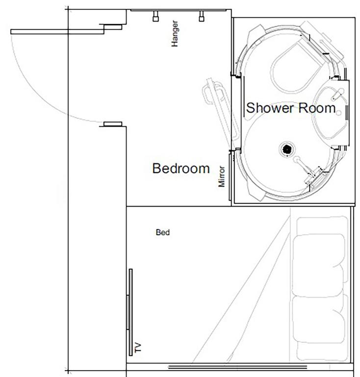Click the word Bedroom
(x=181, y=168)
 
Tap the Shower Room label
(x=291, y=108)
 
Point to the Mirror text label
(x=222, y=176)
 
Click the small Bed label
(x=162, y=233)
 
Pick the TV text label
(x=138, y=349)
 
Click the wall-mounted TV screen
(x=130, y=312)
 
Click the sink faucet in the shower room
(x=338, y=92)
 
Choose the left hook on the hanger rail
(x=155, y=17)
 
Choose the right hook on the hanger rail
(x=201, y=17)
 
